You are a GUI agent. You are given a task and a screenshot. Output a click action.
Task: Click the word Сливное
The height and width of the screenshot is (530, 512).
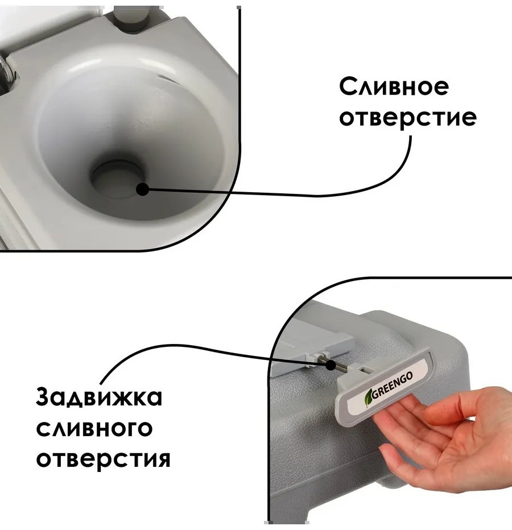394,86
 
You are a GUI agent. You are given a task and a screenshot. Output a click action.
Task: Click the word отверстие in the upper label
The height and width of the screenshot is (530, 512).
408,118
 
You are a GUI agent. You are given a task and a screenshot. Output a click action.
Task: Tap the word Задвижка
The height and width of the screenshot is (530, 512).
99,397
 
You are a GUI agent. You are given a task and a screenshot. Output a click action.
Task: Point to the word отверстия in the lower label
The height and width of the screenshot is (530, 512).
103,459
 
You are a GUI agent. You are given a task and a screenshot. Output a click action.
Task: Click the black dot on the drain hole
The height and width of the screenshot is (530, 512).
143,189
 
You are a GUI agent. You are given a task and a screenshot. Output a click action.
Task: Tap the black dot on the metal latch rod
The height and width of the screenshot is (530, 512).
331,365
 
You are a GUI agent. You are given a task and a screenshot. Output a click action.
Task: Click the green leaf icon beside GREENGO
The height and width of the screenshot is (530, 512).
368,398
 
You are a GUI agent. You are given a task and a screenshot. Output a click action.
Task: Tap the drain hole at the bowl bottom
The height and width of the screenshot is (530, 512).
117,178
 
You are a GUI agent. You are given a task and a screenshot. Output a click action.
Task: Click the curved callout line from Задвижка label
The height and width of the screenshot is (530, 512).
189,347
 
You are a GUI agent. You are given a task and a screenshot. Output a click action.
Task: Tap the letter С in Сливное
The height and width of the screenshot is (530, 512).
348,87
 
